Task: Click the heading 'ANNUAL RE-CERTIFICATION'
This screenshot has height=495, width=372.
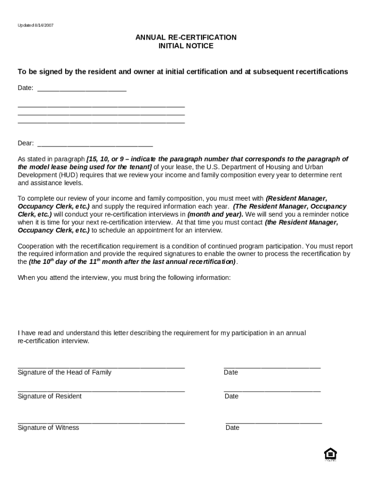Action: coord(186,37)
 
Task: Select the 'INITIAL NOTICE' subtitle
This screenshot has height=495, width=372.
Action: coord(186,46)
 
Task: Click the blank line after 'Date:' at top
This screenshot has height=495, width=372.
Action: coord(82,90)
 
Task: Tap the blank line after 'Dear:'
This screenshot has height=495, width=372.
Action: coord(95,146)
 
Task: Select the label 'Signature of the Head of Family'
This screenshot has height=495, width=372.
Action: coord(64,372)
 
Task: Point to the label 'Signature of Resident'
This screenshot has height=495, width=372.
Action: coord(49,396)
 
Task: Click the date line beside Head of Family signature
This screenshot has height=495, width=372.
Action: coord(272,368)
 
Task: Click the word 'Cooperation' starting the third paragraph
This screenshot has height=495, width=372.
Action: coord(36,246)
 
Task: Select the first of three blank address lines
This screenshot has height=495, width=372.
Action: coord(101,106)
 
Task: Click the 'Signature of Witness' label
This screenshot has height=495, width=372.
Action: coord(48,428)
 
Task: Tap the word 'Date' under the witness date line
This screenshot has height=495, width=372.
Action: coord(232,428)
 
